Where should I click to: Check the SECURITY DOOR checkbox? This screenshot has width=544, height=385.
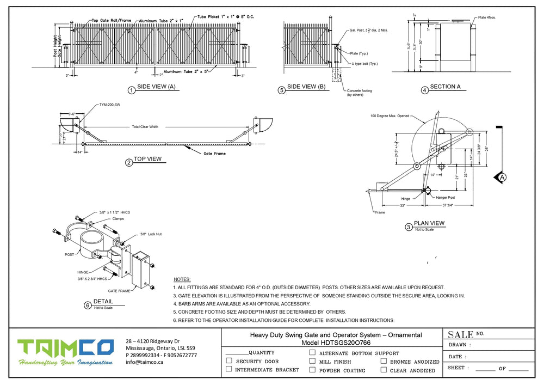229,361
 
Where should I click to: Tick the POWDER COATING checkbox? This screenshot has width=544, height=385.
312,370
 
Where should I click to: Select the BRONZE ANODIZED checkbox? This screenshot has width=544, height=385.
384,361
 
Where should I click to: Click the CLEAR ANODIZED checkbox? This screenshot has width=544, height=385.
384,370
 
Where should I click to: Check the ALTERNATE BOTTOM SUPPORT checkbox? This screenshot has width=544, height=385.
312,352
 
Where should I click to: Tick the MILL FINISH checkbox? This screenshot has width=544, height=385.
312,361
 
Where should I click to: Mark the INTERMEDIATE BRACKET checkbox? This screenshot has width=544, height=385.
229,370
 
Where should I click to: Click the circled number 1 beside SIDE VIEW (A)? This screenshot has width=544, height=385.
131,90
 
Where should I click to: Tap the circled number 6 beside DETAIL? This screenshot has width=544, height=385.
88,305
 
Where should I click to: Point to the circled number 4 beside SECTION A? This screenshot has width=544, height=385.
424,90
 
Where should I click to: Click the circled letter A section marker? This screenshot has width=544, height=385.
502,177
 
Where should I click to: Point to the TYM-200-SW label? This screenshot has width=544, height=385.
109,104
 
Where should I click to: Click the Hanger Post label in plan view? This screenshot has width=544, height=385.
445,197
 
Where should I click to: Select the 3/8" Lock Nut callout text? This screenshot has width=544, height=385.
151,234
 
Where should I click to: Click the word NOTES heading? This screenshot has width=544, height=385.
182,278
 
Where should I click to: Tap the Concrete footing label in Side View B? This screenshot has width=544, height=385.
359,91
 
